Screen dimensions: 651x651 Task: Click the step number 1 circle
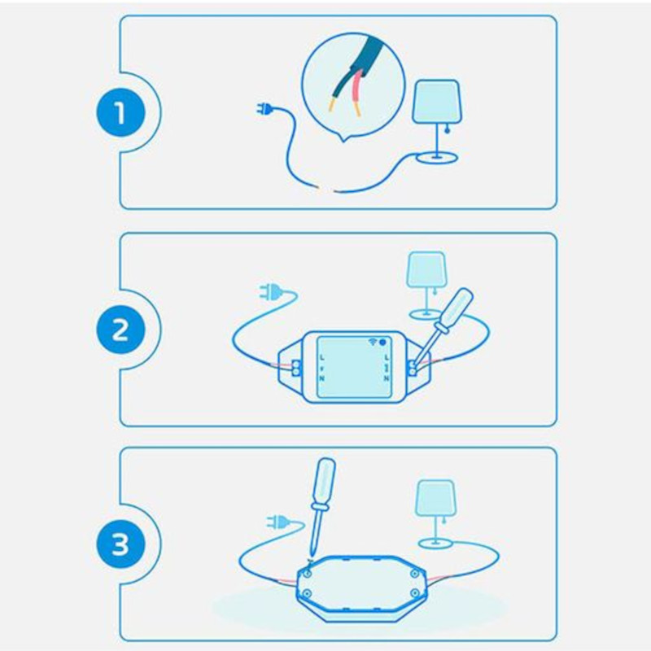point(120,112)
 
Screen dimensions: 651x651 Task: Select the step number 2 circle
point(120,330)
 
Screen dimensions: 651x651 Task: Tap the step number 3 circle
point(120,544)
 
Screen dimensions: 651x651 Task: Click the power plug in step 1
point(264,109)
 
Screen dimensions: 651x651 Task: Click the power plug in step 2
point(267,291)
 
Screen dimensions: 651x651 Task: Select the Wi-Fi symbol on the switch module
point(376,343)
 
